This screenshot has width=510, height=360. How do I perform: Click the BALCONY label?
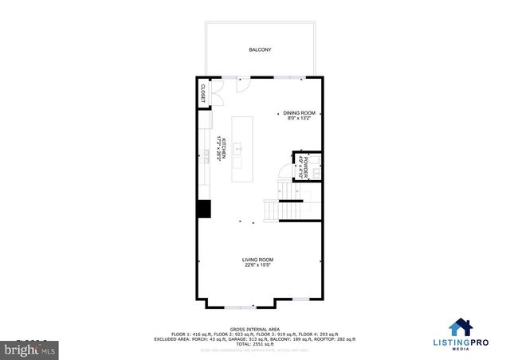pyautogui.click(x=261, y=49)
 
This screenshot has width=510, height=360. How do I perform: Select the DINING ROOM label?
pyautogui.click(x=300, y=113)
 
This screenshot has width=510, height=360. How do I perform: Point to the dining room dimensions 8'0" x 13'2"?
pyautogui.click(x=300, y=119)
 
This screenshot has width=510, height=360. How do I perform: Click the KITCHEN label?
pyautogui.click(x=225, y=149)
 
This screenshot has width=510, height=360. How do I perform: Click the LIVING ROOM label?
pyautogui.click(x=258, y=260)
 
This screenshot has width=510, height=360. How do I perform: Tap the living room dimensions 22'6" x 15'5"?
pyautogui.click(x=258, y=265)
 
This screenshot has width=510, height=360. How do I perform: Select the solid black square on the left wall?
pyautogui.click(x=204, y=209)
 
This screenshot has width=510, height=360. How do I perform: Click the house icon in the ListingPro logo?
pyautogui.click(x=459, y=327)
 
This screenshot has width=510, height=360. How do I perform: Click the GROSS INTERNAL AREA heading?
pyautogui.click(x=255, y=328)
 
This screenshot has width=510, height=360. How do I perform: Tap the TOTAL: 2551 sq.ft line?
pyautogui.click(x=255, y=343)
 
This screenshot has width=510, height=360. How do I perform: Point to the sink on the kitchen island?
pyautogui.click(x=240, y=147)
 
